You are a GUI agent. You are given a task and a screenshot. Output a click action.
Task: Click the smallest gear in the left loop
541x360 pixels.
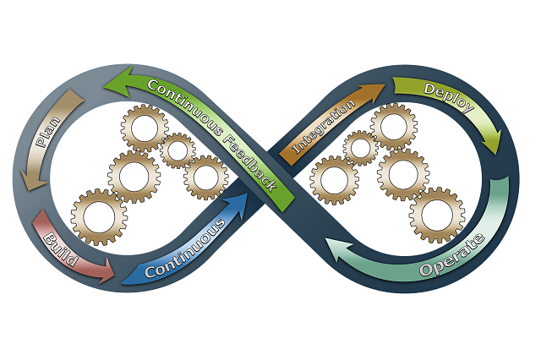pos(178,150)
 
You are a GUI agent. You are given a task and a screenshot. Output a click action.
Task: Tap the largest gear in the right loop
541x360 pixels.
pos(436,215)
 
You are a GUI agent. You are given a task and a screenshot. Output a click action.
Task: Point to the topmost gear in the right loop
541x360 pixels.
pos(393,124)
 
